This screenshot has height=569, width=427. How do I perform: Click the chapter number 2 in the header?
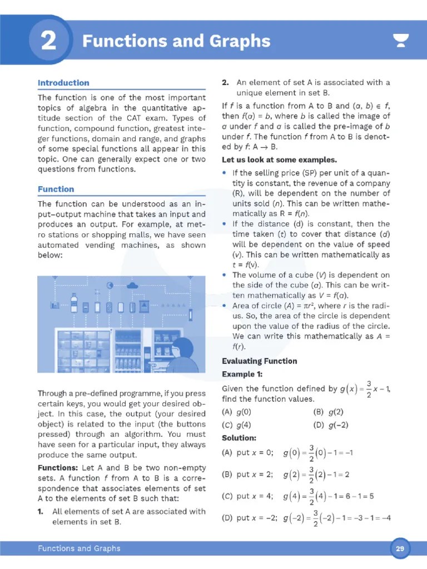tap(48, 42)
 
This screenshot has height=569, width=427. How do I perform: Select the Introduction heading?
tap(63, 83)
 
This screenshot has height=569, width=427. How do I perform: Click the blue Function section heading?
tap(56, 189)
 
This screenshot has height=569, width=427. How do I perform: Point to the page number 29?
tap(400, 549)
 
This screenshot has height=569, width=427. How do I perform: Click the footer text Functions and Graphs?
tap(79, 548)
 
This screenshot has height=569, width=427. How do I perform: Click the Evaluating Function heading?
tap(259, 361)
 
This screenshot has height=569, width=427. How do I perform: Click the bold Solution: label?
tap(239, 438)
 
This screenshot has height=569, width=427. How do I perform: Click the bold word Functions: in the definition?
tap(58, 468)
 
